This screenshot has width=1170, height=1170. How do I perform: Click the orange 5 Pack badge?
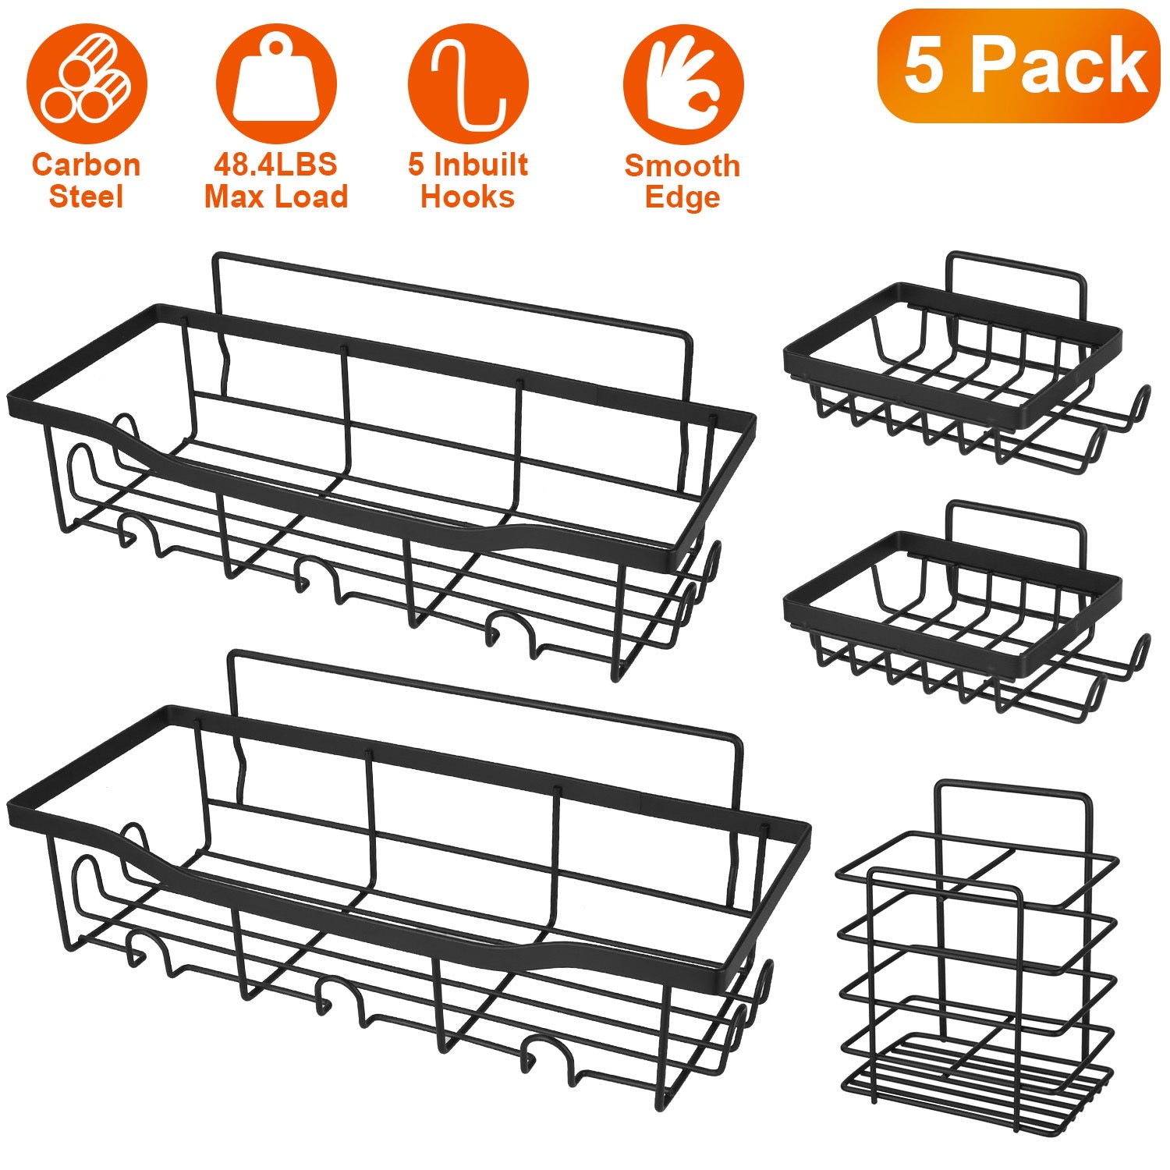click(x=1019, y=66)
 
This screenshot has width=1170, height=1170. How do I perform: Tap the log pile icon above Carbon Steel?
click(x=87, y=83)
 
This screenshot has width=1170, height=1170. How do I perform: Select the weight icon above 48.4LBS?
click(x=276, y=83)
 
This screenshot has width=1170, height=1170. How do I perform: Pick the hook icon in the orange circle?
click(x=468, y=83)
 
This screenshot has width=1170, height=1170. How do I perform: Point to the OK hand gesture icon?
click(x=682, y=83)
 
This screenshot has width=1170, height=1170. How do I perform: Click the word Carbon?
click(x=87, y=165)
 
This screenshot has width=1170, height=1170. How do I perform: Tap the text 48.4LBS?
click(x=275, y=165)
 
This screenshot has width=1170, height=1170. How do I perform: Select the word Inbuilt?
click(x=480, y=165)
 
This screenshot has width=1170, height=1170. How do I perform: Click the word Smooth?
click(x=682, y=166)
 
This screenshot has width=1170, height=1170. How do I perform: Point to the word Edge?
click(x=682, y=197)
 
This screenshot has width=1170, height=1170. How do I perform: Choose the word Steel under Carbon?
click(x=87, y=197)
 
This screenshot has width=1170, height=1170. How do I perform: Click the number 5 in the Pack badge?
click(x=924, y=66)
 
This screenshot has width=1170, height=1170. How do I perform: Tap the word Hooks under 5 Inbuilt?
click(x=468, y=197)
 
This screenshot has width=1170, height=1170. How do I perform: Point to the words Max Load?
click(x=276, y=197)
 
